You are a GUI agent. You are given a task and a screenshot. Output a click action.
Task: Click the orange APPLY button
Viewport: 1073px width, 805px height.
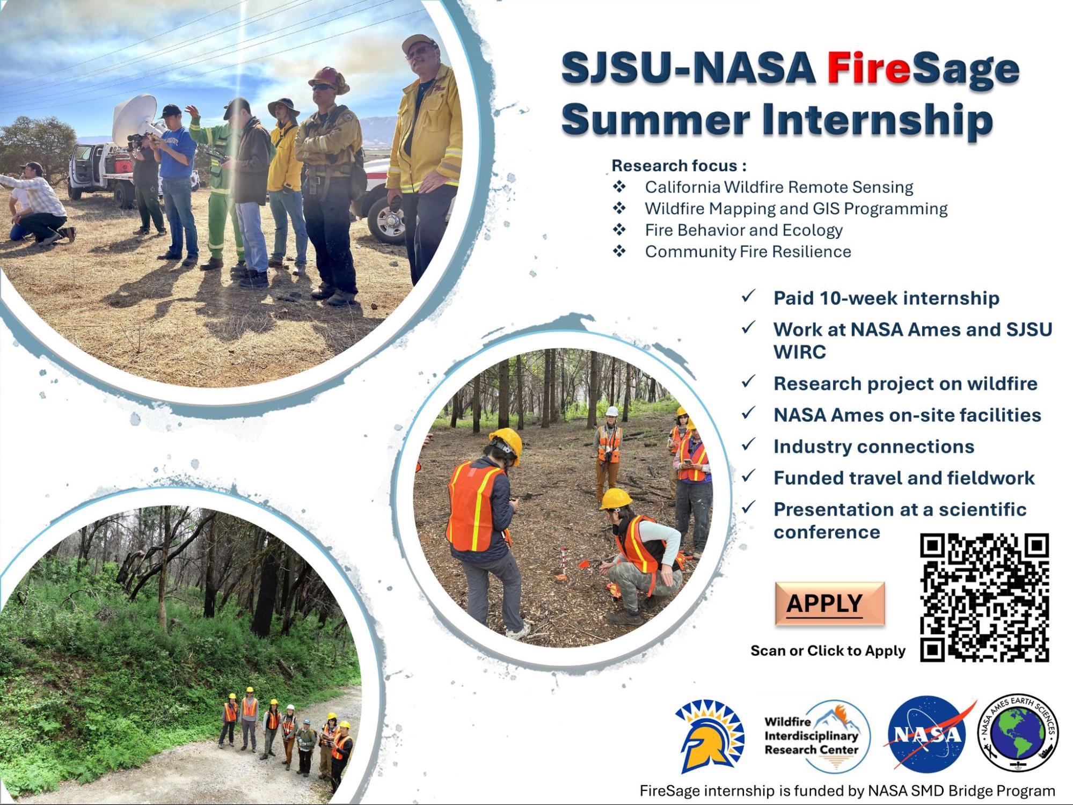pos(829,603)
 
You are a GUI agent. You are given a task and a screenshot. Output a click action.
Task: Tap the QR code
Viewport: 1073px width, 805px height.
pos(984,597)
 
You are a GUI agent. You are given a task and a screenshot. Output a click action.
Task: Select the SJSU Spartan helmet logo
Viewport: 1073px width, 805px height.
pos(710,736)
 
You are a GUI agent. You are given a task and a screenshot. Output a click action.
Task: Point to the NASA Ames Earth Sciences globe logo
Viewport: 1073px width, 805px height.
pos(1018,733)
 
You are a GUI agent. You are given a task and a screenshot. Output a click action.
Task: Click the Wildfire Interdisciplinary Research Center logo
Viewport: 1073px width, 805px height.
pos(816,736)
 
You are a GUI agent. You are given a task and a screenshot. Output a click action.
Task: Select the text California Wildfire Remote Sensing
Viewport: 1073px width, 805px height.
pos(779,187)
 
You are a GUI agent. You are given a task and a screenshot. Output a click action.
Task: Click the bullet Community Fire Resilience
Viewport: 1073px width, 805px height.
pos(748,252)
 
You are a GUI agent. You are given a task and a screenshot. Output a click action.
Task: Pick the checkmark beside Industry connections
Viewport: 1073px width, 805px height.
pos(748,444)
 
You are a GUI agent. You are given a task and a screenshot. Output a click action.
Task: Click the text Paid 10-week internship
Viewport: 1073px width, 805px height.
pos(886,298)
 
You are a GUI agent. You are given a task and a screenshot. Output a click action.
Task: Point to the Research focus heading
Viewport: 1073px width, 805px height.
pos(679,166)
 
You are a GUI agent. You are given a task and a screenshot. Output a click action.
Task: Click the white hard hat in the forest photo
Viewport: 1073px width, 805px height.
pos(611,412)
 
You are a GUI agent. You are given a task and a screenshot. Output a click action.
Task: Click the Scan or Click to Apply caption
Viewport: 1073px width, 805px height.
pos(828,651)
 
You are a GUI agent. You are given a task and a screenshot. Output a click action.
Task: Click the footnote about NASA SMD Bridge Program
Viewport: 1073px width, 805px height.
pos(847,791)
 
